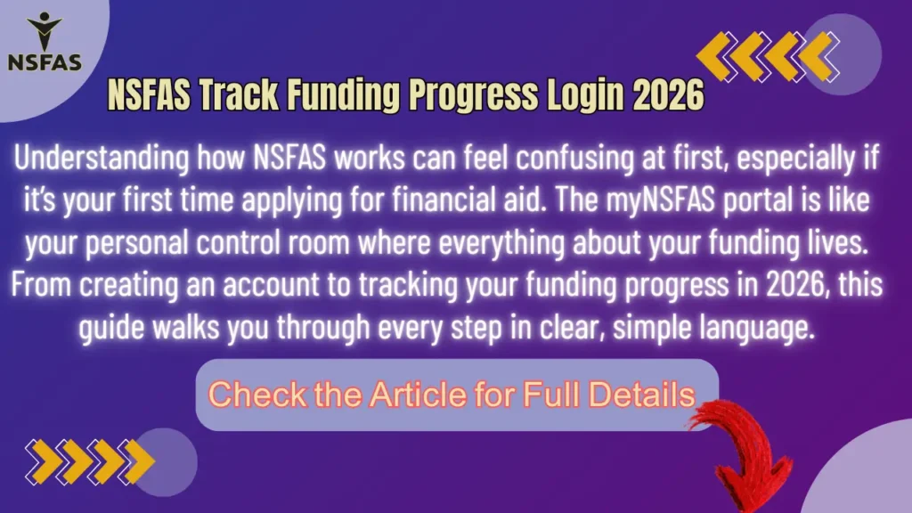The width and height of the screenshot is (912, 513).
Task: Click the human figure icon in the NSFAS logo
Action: pos(44,31)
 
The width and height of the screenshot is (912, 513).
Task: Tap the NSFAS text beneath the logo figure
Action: pos(44,62)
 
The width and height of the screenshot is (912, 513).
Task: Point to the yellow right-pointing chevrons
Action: pos(89,459)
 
